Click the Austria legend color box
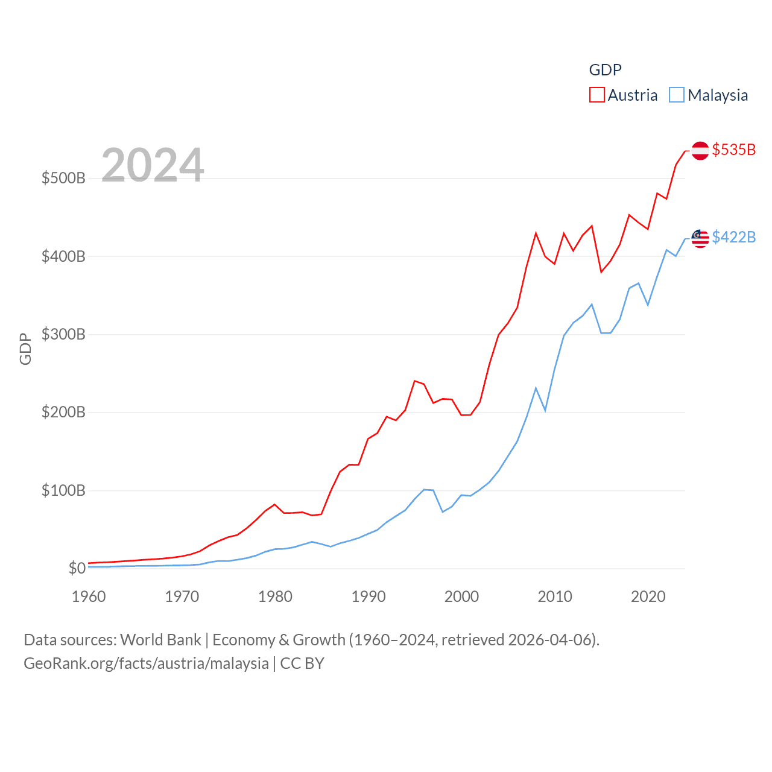pos(596,95)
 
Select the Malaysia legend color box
pos(677,95)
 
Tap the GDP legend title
pos(605,70)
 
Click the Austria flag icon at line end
pos(700,150)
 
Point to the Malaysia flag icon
pos(700,238)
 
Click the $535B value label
pos(733,150)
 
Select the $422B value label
pos(733,237)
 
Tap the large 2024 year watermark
pos(153,165)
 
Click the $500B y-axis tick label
pos(63,179)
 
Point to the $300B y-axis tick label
pos(63,335)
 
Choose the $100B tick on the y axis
pos(63,490)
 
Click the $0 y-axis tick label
pos(77,568)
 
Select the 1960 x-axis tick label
pos(89,597)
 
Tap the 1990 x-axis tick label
pos(369,597)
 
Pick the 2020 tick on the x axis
pos(648,597)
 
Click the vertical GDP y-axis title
pos(25,349)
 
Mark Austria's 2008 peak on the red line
pos(536,233)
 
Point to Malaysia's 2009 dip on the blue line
pos(545,411)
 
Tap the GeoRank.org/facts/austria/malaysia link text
pos(146,663)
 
